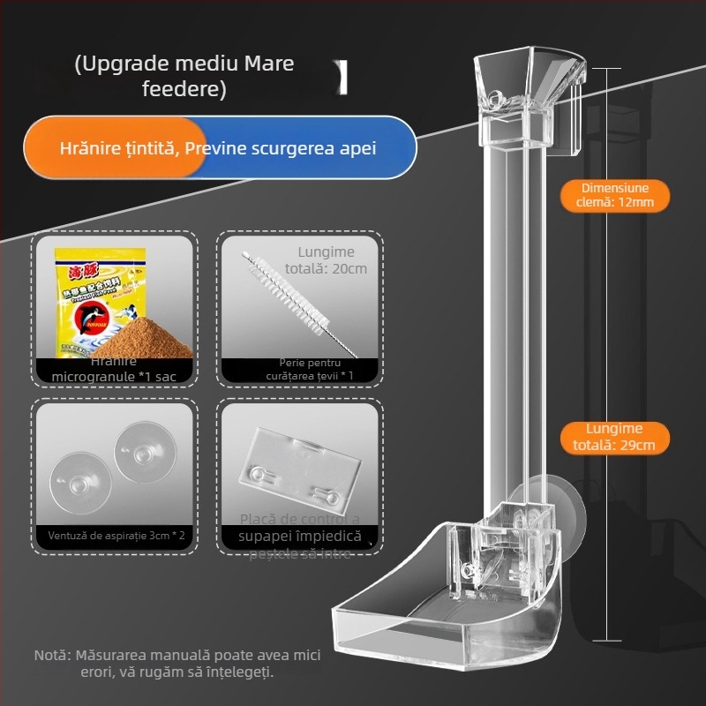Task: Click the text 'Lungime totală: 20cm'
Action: click(x=327, y=259)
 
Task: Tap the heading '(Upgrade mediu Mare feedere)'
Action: click(x=184, y=76)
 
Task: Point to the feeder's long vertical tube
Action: click(x=509, y=309)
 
